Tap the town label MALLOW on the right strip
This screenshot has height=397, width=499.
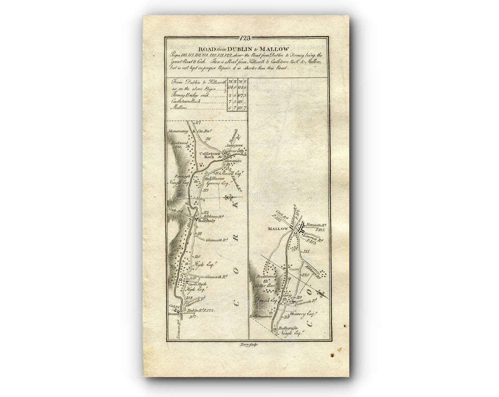tap(278, 229)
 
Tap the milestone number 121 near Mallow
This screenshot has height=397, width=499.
tap(307, 251)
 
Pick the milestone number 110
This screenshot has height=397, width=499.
tap(198, 256)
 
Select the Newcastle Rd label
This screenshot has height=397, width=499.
tap(317, 225)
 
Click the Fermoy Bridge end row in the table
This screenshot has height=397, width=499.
tap(190, 95)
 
